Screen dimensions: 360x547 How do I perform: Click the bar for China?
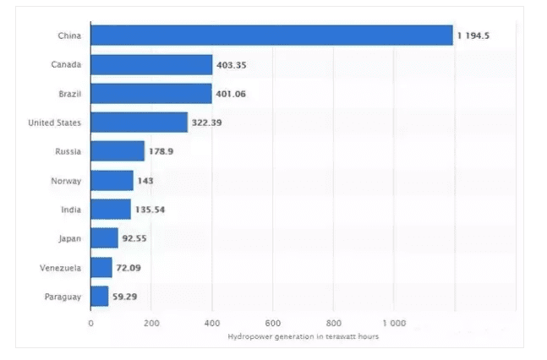[271, 35]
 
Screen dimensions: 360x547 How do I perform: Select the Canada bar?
[151, 65]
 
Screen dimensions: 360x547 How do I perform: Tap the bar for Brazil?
[150, 94]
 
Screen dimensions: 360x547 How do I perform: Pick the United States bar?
[139, 123]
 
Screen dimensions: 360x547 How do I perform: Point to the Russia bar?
[118, 152]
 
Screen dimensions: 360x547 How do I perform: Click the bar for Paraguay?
[100, 297]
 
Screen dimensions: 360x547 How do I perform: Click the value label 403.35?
[232, 65]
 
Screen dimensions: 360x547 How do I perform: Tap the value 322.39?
[207, 123]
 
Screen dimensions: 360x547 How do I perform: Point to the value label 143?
[145, 181]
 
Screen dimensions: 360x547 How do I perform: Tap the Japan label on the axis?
[69, 239]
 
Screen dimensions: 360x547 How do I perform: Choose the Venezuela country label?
[60, 268]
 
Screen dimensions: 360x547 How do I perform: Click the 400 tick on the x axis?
[212, 323]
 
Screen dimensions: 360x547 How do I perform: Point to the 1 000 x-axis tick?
[394, 323]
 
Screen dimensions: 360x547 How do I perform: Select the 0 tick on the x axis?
[90, 323]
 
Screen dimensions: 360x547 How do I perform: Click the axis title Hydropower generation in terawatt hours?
[303, 336]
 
